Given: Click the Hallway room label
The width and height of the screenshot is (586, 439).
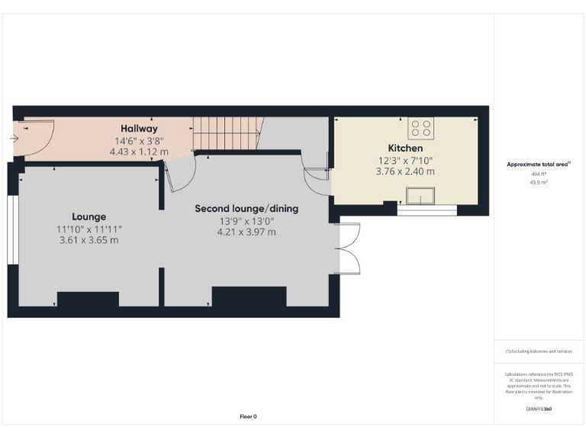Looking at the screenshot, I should pos(138,129).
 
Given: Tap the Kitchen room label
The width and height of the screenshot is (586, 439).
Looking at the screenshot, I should pos(404,148).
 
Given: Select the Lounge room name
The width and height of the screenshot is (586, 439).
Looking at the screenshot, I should pos(89,216).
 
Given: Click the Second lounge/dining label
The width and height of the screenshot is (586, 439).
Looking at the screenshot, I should pos(246,208).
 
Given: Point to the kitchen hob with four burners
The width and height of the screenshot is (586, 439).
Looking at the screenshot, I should pos(420,127).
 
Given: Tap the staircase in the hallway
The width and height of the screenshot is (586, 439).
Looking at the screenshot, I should pos(226,134).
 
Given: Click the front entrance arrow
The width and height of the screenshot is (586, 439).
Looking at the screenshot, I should pos(14,139).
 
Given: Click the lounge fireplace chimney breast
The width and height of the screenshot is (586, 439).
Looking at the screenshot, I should pos(88,300).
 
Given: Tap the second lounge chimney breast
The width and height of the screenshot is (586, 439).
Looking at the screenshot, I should pos(248,296).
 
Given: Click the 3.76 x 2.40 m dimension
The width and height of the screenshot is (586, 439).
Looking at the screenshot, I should pos(404,171).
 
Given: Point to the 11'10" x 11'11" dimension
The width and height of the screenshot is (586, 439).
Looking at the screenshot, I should pos(89,229).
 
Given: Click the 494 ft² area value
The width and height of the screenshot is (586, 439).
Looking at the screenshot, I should pos(539,175).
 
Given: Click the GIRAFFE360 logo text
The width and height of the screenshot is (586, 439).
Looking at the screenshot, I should pos(539,409).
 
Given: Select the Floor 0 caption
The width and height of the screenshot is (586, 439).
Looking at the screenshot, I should pos(248,416).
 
